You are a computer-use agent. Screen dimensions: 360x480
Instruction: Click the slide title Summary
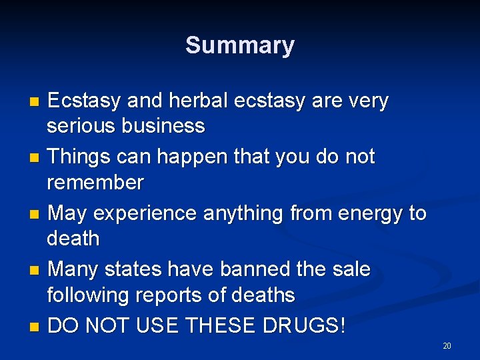point(239,45)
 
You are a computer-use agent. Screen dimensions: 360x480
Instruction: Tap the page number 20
point(447,345)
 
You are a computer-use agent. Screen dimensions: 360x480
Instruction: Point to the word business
point(164,125)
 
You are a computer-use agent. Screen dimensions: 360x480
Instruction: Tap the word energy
point(370,213)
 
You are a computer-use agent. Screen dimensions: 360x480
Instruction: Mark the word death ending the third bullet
point(73,237)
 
